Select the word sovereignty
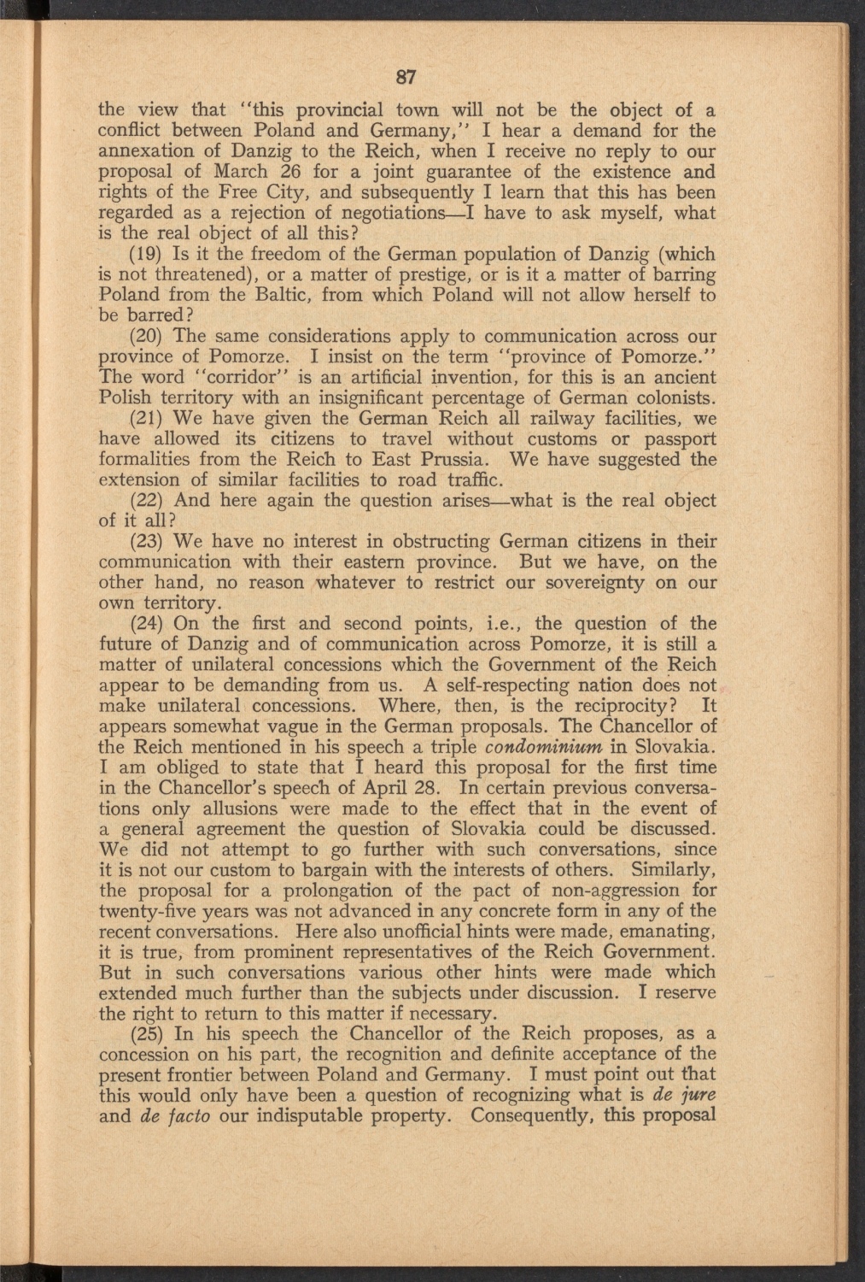click(589, 583)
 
